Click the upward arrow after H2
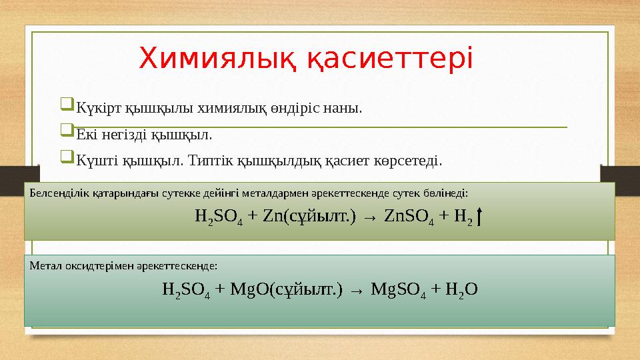(x=481, y=216)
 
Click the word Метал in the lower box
(x=43, y=265)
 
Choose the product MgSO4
(x=398, y=289)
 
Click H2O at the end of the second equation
(x=461, y=289)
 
